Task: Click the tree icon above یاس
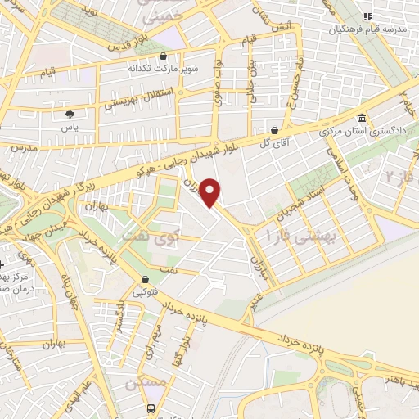[x=70, y=115]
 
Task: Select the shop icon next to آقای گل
[x=274, y=130]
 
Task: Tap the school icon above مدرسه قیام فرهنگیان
[x=367, y=16]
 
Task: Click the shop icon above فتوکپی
[x=144, y=278]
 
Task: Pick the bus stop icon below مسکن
[x=151, y=408]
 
